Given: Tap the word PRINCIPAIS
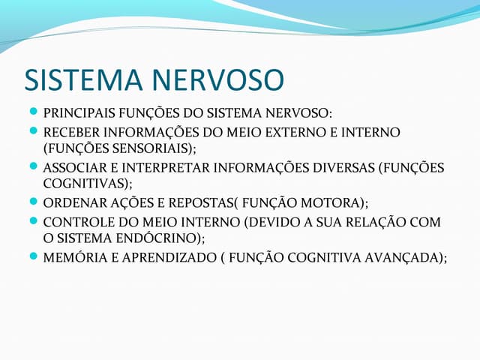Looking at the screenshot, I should click(x=79, y=114).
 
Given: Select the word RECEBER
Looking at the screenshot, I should click(x=70, y=133).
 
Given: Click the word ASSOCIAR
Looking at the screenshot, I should click(x=73, y=167).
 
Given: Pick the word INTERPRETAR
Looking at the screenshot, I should click(x=162, y=167).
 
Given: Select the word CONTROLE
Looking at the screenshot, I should click(x=76, y=222).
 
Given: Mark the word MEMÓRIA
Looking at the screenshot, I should click(x=71, y=257).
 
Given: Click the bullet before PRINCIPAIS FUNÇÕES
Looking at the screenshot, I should click(x=33, y=114).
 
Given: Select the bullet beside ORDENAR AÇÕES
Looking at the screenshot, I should click(x=33, y=202).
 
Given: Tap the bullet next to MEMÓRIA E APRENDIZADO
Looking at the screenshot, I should click(x=33, y=257).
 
